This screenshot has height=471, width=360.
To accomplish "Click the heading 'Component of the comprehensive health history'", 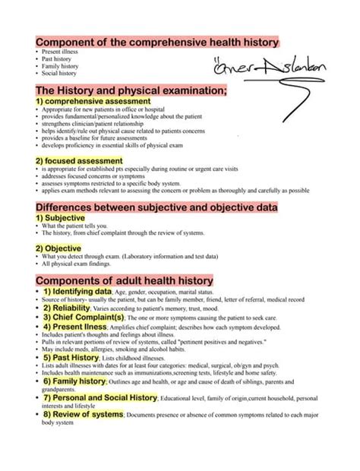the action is (x=157, y=43).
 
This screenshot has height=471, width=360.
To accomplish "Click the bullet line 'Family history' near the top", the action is (x=61, y=67).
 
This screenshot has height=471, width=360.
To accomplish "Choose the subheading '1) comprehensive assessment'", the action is (x=93, y=101).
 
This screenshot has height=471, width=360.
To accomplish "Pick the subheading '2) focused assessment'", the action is (x=78, y=161).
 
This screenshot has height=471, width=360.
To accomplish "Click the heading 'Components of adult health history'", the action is (x=124, y=280).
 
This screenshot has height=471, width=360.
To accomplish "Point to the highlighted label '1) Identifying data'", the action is (x=77, y=292).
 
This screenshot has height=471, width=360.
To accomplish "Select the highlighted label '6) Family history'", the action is (x=74, y=381).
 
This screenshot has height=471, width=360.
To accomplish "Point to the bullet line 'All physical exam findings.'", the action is (x=76, y=264).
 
